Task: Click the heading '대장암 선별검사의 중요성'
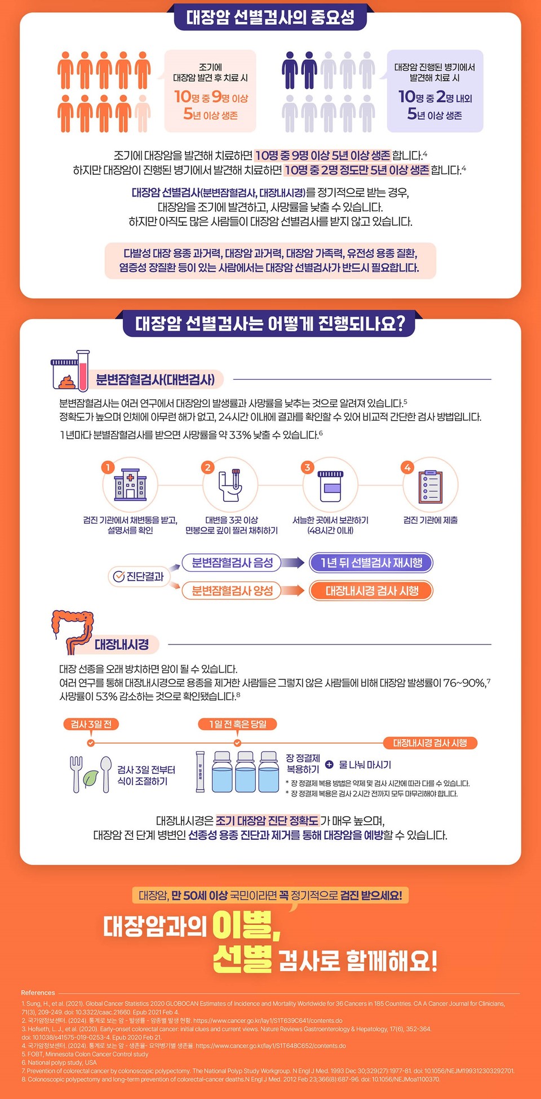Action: (x=270, y=17)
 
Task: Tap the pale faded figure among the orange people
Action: (x=143, y=113)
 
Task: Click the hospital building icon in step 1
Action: (x=130, y=484)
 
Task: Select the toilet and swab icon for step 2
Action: (x=230, y=484)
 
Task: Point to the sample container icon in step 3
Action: (x=330, y=484)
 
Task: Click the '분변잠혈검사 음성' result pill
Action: (x=232, y=562)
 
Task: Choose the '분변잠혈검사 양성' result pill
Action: (x=232, y=590)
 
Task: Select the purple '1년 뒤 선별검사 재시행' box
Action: (x=371, y=562)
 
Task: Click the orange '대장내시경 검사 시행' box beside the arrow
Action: (x=372, y=590)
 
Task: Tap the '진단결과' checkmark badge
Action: (x=139, y=576)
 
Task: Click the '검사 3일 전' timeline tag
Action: (x=91, y=724)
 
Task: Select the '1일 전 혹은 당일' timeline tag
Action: (x=238, y=724)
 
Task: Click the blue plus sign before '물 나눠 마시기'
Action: (x=329, y=764)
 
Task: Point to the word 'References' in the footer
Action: (x=38, y=993)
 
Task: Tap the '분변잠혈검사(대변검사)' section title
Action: (x=155, y=380)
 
